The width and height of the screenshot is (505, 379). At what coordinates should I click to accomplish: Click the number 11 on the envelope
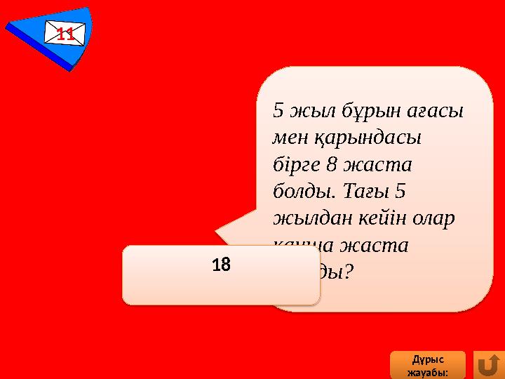pyautogui.click(x=65, y=33)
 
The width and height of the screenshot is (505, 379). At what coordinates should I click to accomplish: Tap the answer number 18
pyautogui.click(x=221, y=265)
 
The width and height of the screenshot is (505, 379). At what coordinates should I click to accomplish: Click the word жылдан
pyautogui.click(x=306, y=218)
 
